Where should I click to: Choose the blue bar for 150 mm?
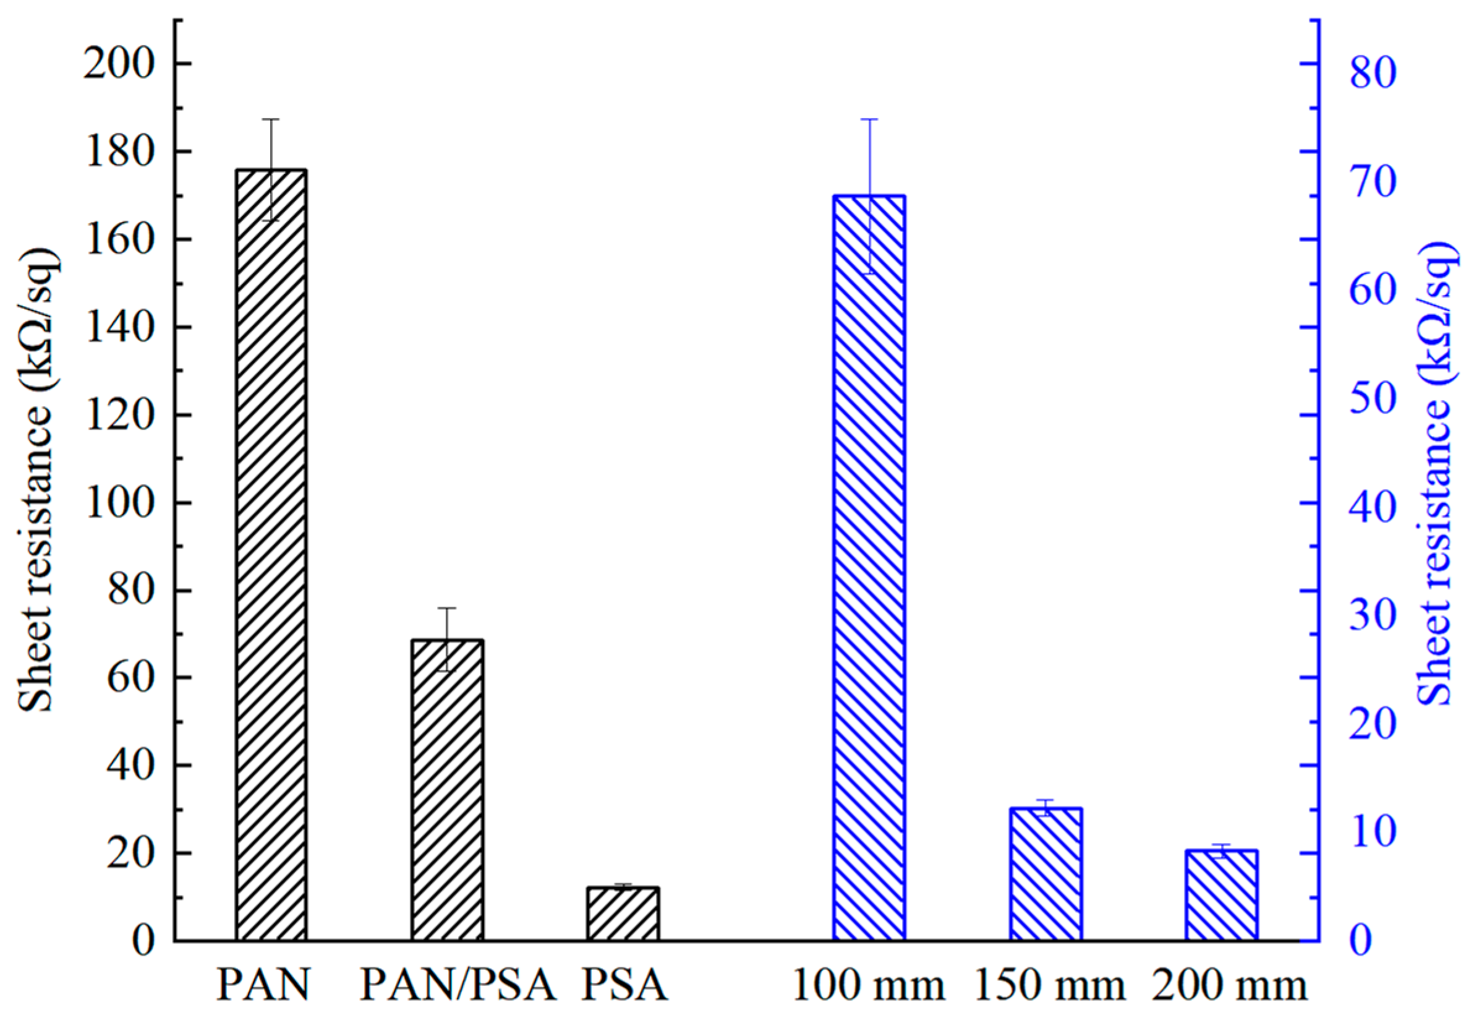(1045, 873)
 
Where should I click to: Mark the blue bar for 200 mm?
(1221, 895)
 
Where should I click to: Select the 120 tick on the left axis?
(119, 415)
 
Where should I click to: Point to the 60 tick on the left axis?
(131, 678)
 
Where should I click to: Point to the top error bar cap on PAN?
(271, 119)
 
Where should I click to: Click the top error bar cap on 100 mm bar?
(869, 119)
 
